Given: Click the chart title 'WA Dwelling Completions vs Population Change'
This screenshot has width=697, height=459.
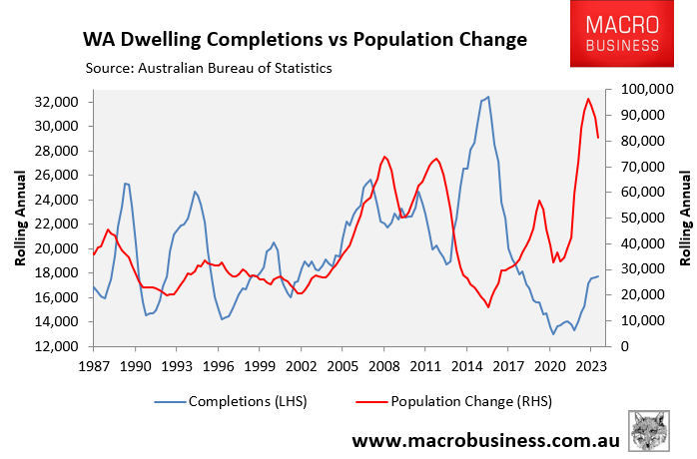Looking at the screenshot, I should click(x=304, y=41).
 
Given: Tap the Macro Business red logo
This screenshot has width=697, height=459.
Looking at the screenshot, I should click(x=630, y=36).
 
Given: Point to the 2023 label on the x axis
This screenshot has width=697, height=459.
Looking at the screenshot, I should click(x=591, y=365).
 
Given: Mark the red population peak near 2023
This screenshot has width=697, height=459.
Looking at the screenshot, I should click(x=588, y=99).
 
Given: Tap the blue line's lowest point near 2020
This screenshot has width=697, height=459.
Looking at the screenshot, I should click(x=552, y=334).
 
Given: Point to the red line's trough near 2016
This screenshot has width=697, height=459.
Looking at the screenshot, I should click(x=488, y=306).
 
